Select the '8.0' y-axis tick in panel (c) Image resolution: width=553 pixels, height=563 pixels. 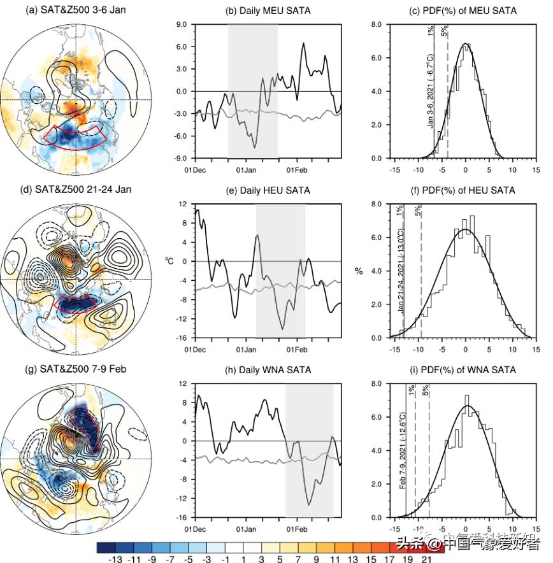pyautogui.click(x=376, y=25)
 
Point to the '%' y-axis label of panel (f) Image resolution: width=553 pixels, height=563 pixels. pyautogui.click(x=359, y=271)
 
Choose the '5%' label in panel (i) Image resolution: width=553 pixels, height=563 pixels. pyautogui.click(x=426, y=390)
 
